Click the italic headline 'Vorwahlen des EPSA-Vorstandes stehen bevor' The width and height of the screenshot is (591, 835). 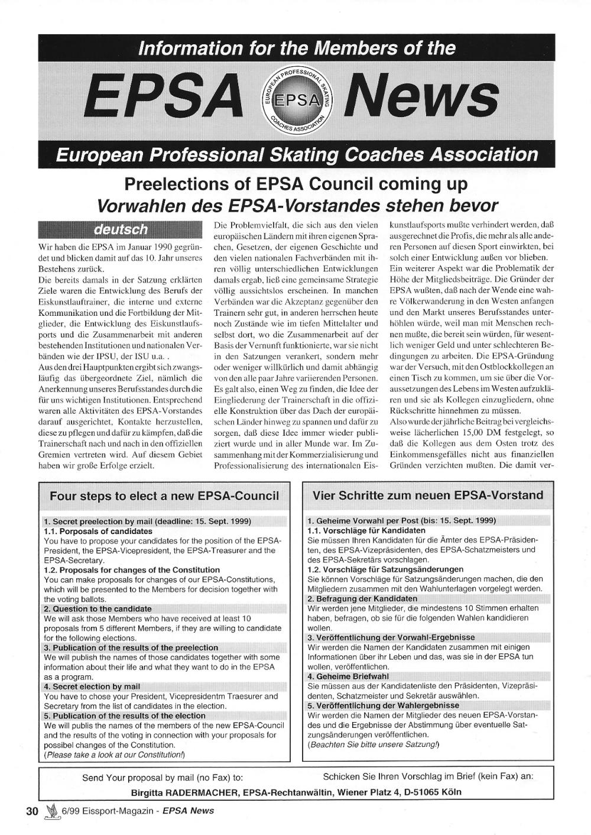[297, 205]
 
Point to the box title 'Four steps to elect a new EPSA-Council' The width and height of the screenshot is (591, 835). [164, 496]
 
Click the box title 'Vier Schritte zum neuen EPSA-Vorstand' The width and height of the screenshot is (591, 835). [428, 495]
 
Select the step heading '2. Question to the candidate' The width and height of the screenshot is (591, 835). [98, 609]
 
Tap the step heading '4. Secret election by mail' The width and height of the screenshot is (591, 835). [92, 687]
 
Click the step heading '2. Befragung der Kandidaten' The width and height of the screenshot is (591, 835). [362, 598]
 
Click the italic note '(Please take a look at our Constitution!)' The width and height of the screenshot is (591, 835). [115, 755]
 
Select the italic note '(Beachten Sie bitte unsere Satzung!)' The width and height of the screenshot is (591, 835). [374, 744]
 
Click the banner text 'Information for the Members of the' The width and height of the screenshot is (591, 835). [297, 48]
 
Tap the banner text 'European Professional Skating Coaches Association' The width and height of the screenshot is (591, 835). [297, 155]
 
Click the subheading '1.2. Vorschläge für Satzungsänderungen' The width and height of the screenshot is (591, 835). [385, 569]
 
